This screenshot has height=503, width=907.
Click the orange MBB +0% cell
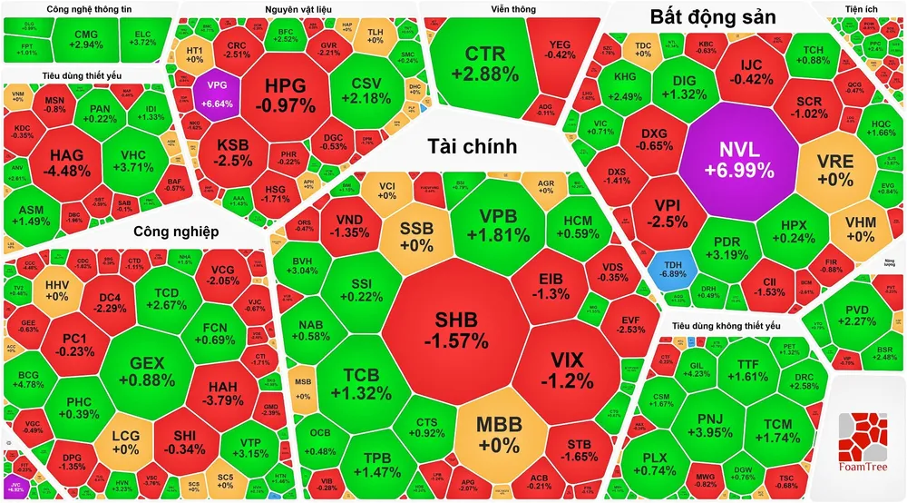point(498,434)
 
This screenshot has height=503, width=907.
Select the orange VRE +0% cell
point(834,168)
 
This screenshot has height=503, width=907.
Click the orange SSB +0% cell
point(416,234)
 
